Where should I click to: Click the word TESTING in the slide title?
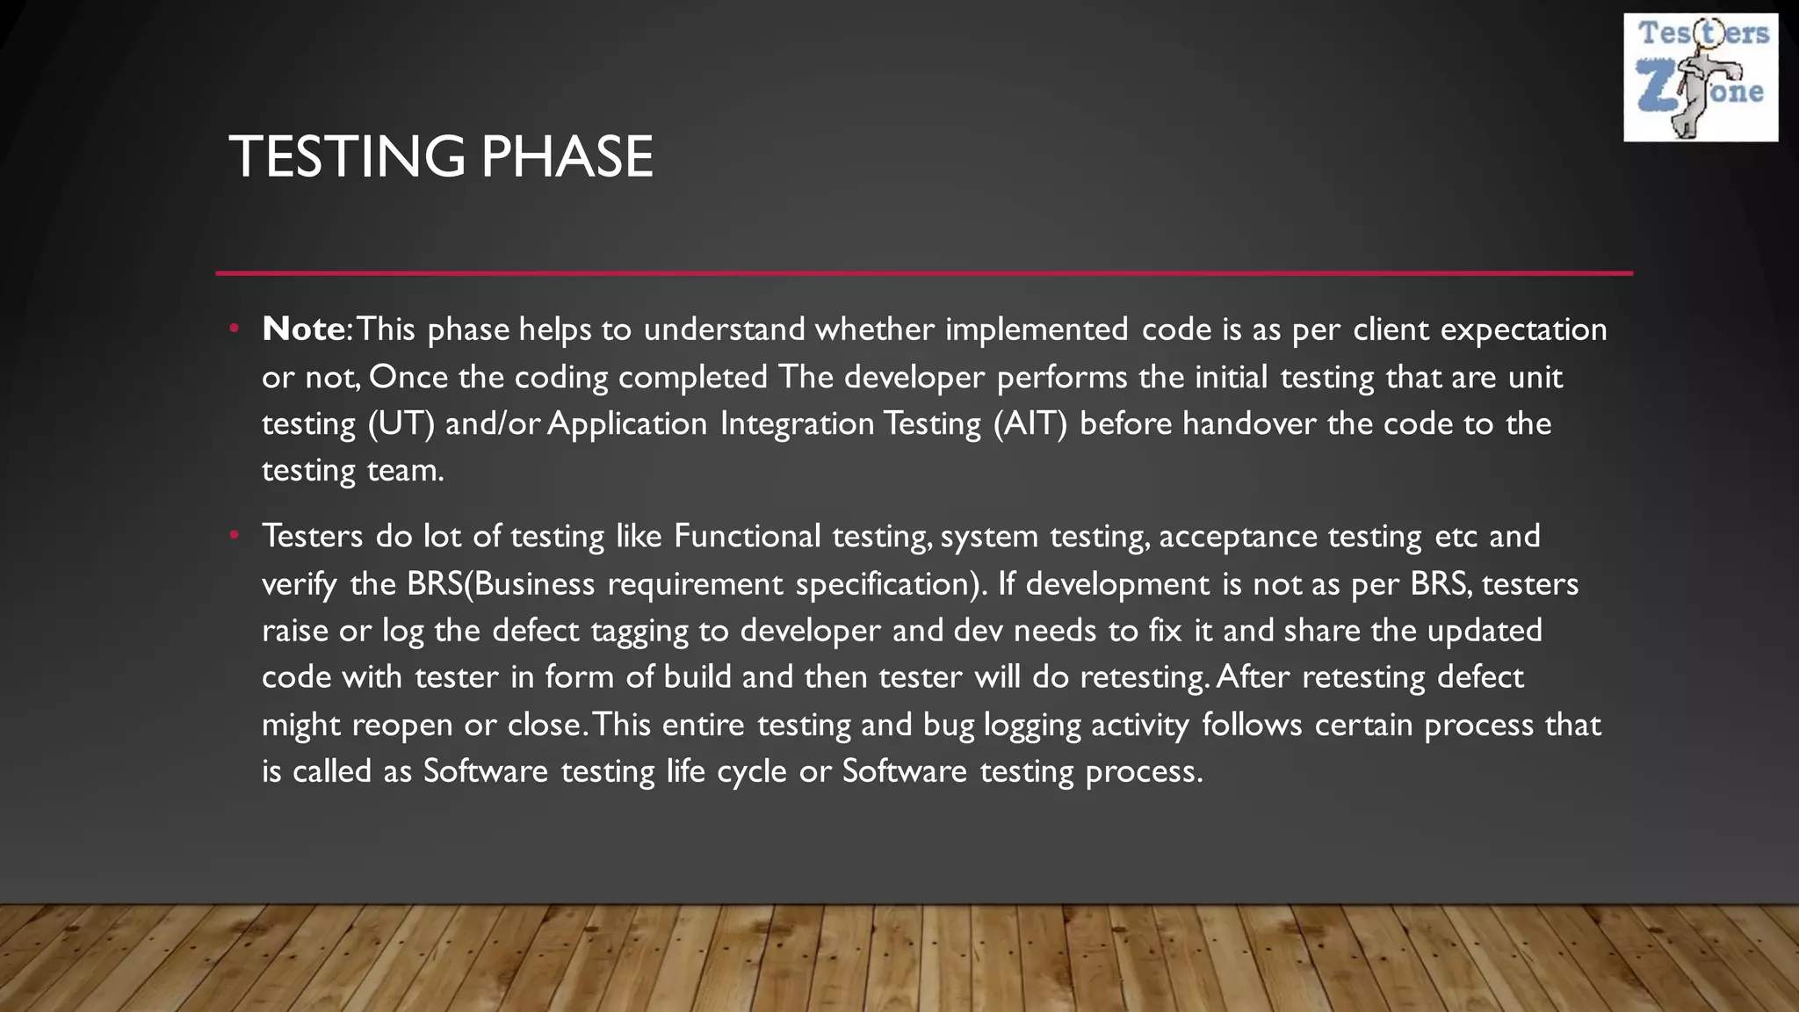coord(346,157)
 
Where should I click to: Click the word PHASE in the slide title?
coord(567,157)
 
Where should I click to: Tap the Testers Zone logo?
coord(1701,77)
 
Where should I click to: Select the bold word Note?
coord(303,329)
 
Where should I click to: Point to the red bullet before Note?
coord(234,329)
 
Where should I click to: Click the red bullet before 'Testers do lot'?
coord(234,535)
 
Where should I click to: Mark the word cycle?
coord(751,772)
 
